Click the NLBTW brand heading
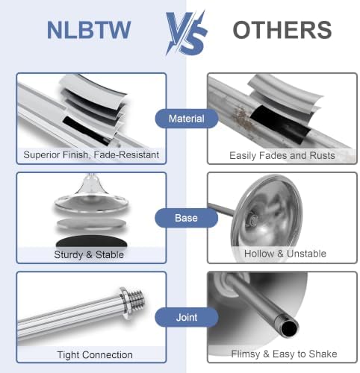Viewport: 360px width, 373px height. click(89, 30)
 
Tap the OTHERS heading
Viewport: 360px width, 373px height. click(282, 30)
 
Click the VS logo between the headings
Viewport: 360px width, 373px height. click(186, 33)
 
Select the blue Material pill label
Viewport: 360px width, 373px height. click(187, 119)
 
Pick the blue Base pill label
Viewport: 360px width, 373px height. click(186, 218)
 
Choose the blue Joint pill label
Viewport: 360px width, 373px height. click(187, 317)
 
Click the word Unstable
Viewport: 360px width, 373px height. click(306, 254)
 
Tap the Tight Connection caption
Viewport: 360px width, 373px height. click(95, 355)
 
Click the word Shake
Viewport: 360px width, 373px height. click(323, 354)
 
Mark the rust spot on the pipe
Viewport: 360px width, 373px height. click(241, 119)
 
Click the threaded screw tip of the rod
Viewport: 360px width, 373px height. click(137, 301)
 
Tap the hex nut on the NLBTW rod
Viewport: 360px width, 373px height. click(124, 304)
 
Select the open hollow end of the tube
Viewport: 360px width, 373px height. click(289, 328)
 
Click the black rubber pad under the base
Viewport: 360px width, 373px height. click(92, 241)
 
